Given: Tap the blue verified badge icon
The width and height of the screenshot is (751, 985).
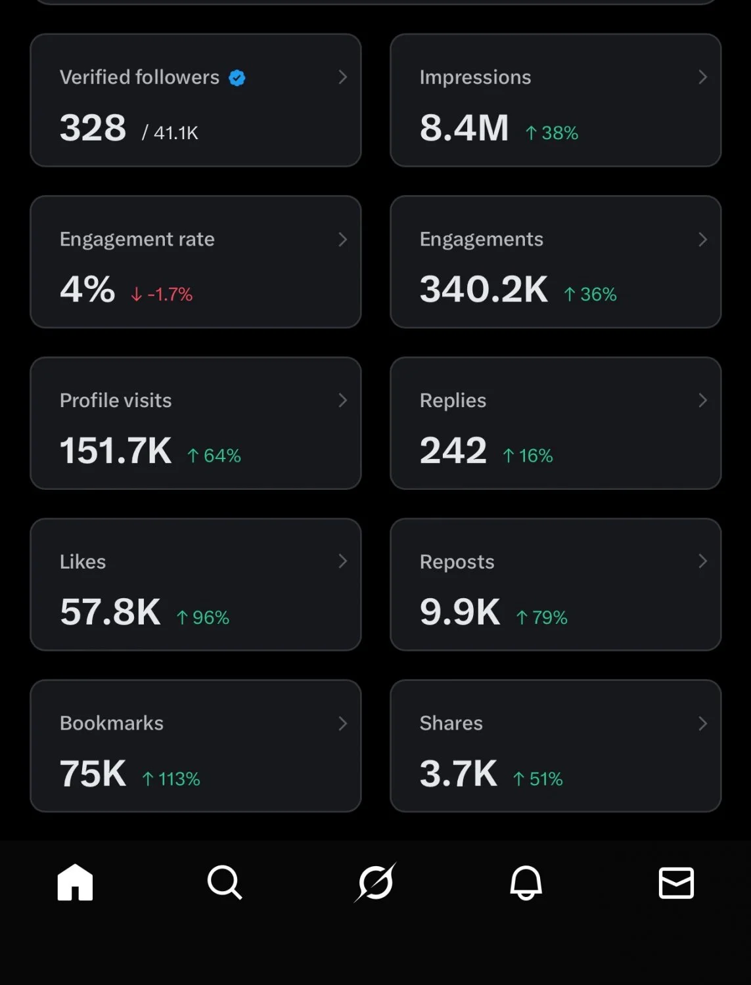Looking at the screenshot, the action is (x=237, y=77).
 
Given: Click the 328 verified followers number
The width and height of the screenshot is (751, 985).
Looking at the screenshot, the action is (x=93, y=128).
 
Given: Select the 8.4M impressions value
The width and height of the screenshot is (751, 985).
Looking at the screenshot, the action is (x=464, y=128).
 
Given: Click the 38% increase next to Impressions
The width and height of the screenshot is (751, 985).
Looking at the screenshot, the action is (x=552, y=133).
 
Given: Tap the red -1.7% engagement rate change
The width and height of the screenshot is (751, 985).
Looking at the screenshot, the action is (x=162, y=294).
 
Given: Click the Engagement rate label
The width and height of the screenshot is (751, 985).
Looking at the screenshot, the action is (x=137, y=239).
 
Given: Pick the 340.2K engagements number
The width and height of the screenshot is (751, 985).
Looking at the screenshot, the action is (x=484, y=290).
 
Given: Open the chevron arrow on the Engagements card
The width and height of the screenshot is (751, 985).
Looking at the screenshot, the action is (x=702, y=239).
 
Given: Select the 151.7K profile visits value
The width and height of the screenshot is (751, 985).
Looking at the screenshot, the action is (x=116, y=450).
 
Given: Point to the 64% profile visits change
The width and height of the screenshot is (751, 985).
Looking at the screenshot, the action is (x=214, y=456).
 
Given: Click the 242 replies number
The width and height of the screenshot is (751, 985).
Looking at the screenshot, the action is (x=453, y=450).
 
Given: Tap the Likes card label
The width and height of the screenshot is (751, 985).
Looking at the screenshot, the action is (x=83, y=562).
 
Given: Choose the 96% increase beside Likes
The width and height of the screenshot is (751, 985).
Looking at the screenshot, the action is (x=203, y=617).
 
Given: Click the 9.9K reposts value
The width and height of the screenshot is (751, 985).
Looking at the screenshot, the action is (x=460, y=612).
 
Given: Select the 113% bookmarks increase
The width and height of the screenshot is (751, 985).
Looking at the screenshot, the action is (x=171, y=779).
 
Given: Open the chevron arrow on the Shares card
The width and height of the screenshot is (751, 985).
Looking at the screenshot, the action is (x=702, y=724).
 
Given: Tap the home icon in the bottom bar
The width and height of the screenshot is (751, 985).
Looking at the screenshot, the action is (x=75, y=883).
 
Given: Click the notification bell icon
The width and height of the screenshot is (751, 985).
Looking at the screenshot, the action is (x=526, y=883).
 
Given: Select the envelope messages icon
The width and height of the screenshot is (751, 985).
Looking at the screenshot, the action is (x=676, y=883).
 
